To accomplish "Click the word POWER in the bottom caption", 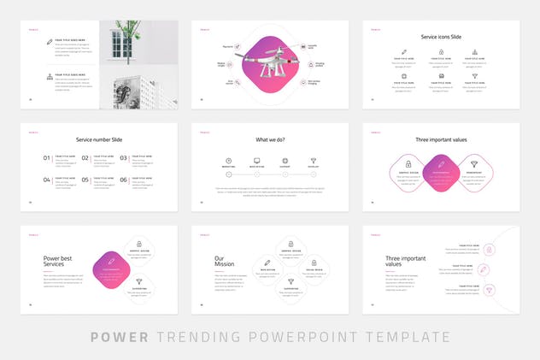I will click(117, 337).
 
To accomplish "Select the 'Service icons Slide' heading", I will click(441, 37).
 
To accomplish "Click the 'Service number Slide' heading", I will click(98, 139).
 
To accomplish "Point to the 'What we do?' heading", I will click(270, 139).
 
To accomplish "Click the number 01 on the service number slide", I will click(47, 158).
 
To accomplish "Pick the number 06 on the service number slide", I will click(124, 180).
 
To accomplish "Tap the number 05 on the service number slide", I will click(85, 180).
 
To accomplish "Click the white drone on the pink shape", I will click(270, 62).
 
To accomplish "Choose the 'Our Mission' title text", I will click(224, 261).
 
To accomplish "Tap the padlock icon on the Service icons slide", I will click(442, 52).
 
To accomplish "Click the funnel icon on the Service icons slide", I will click(474, 75).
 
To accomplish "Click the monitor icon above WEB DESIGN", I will click(256, 160).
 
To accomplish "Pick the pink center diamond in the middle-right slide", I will click(441, 173).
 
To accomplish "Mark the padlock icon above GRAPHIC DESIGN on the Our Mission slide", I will click(291, 244).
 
